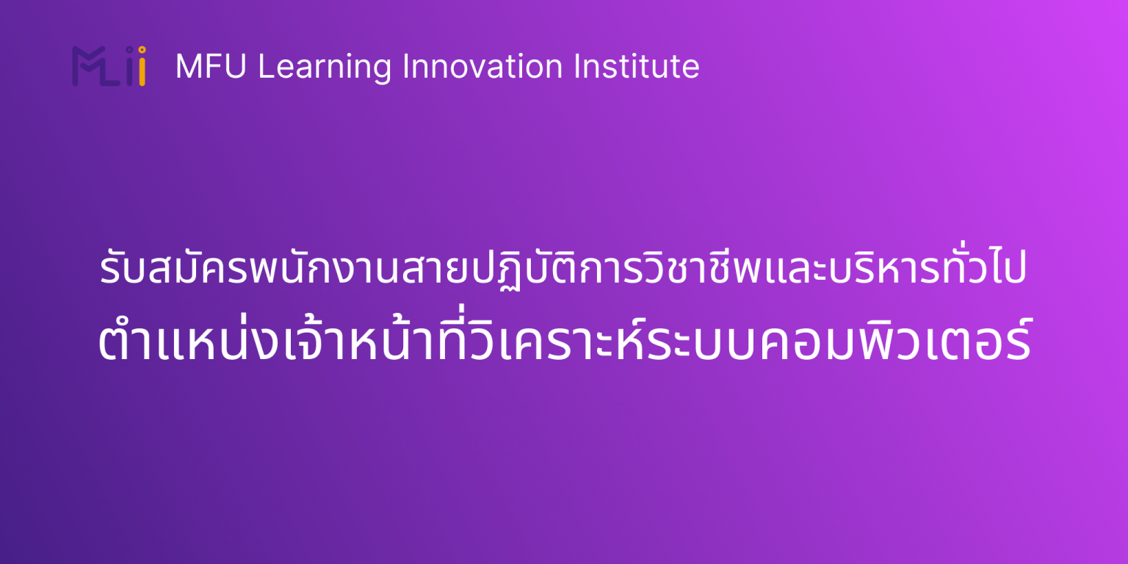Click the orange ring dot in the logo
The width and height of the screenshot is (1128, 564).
(141, 50)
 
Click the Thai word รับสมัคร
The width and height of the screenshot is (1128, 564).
(150, 272)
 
